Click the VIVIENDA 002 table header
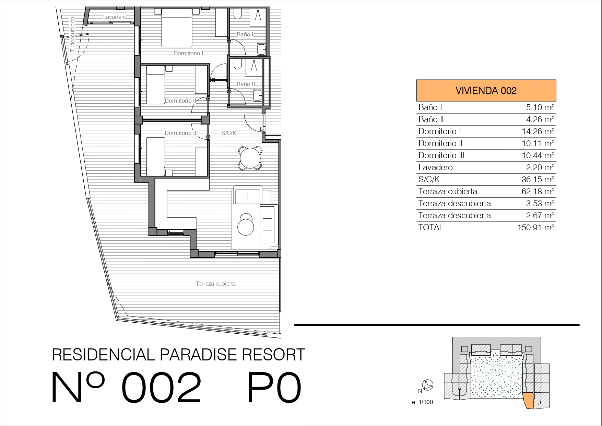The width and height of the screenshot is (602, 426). pos(486,91)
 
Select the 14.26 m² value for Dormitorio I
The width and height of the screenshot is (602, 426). pos(538,131)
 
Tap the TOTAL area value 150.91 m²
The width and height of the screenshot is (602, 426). pos(536,228)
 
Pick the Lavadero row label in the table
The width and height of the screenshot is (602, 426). pos(436,168)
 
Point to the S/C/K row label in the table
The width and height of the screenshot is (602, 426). pos(429,180)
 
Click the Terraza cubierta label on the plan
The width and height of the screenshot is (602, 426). pos(216,284)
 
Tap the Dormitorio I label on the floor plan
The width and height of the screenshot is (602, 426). pos(189,53)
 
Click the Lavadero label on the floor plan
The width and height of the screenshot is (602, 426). pos(115,17)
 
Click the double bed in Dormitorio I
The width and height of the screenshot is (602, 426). pos(177,27)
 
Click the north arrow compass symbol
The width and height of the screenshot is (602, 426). pos(428,385)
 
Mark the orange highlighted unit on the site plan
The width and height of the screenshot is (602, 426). pos(529,401)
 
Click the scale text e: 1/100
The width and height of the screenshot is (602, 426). pos(423,402)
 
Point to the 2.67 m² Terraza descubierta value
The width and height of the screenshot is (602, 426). pos(540,216)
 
